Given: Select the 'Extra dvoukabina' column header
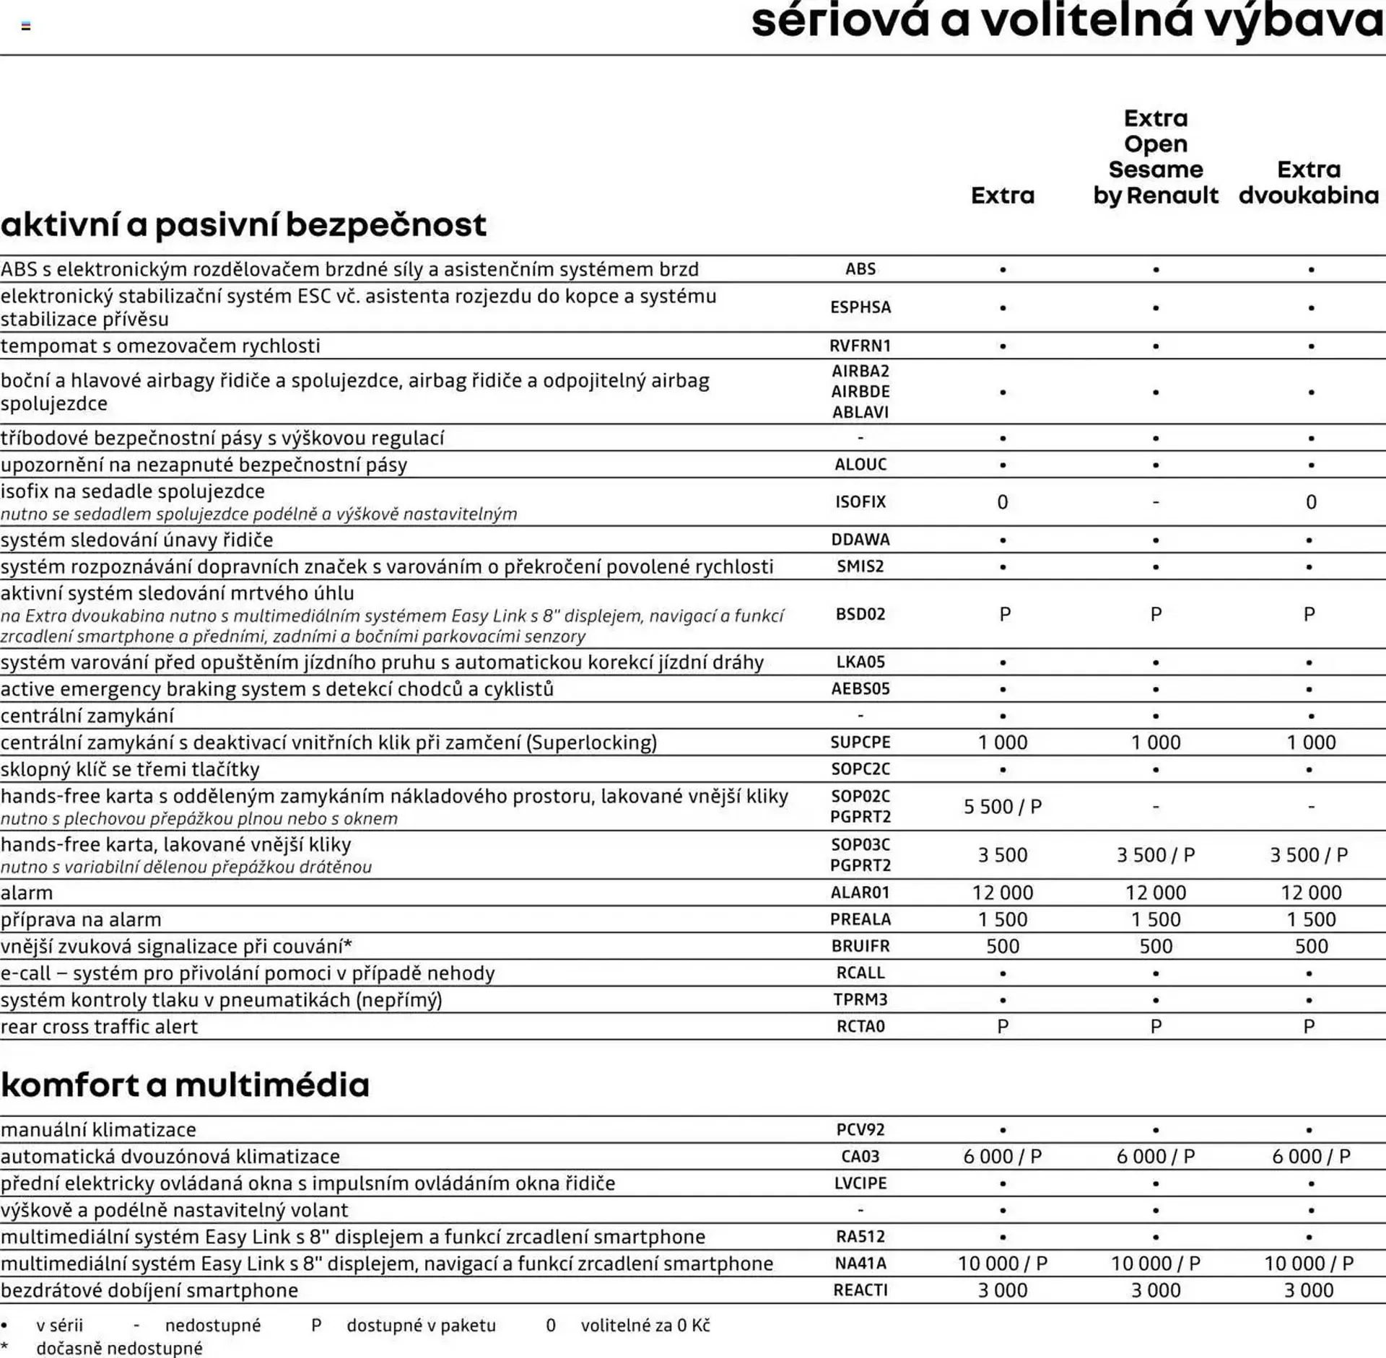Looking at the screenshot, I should coord(1308,183).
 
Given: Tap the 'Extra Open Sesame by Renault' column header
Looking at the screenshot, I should coord(1155,157).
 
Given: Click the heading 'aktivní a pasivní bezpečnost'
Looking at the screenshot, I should coord(243,224).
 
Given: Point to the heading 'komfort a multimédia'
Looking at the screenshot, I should coord(185,1085).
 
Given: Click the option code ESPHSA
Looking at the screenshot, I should coord(860,307).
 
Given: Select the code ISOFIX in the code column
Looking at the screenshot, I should coord(860,502).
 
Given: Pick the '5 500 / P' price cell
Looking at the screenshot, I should coord(1002,807).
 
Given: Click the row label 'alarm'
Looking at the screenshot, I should coord(27,893).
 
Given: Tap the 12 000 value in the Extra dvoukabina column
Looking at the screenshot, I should coord(1310,893).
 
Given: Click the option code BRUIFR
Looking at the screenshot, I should coord(860,947).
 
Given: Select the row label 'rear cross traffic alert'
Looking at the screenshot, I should coord(99,1027).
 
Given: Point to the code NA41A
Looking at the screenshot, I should coord(860,1264).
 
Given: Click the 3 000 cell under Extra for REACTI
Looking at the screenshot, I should coord(1002,1291).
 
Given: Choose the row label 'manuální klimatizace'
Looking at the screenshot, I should coord(98,1130).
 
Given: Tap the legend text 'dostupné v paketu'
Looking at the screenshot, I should coord(421,1326).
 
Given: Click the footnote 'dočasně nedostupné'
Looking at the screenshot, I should coord(119,1348).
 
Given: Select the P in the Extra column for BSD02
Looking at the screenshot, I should coord(1004,615).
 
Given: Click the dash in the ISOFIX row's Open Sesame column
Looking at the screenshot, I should coord(1155,502).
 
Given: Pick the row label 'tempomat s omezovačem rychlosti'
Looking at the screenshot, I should coord(160,346).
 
